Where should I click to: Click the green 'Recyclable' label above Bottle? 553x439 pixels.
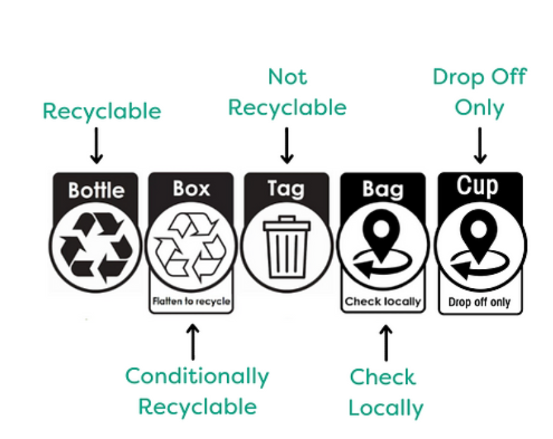[x=101, y=111]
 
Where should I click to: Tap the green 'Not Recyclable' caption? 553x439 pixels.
[x=287, y=92]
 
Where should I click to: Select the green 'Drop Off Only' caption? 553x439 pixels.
[x=480, y=92]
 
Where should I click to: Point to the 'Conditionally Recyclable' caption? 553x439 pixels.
[x=197, y=391]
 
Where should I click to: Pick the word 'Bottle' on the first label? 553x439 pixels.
[x=96, y=190]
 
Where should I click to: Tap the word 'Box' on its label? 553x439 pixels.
[x=191, y=189]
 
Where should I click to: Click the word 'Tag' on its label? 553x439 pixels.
[x=286, y=189]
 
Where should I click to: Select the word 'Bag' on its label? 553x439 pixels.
[x=383, y=189]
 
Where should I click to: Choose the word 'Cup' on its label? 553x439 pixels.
[x=479, y=187]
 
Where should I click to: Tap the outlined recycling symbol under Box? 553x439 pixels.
[x=190, y=247]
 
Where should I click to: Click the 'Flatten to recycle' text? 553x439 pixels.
[x=191, y=302]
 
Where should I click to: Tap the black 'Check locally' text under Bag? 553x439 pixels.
[x=383, y=301]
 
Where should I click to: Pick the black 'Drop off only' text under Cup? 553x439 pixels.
[x=480, y=302]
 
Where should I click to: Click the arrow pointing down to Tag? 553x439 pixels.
[x=287, y=145]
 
